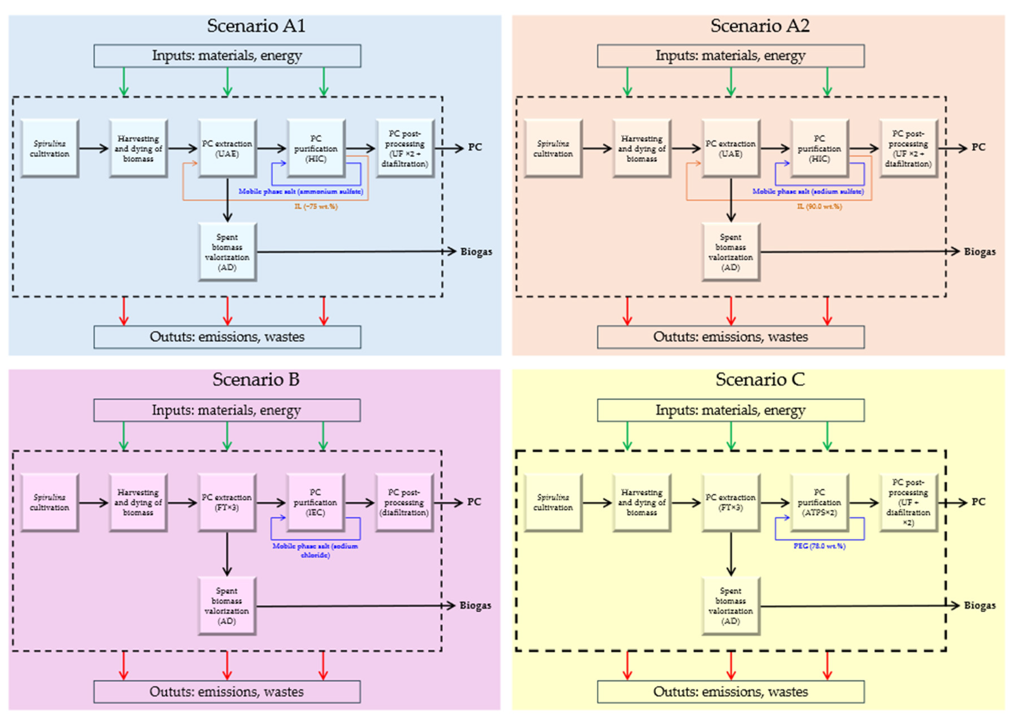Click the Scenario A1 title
click(x=256, y=26)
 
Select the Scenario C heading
click(x=760, y=380)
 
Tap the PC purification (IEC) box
click(x=316, y=502)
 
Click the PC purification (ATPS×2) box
click(x=819, y=502)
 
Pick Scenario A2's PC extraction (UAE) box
click(x=731, y=148)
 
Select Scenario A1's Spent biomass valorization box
click(x=227, y=252)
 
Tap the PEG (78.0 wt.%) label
click(x=819, y=546)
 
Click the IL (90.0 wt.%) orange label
click(x=819, y=206)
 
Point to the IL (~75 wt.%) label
click(x=316, y=206)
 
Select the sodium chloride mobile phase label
click(x=315, y=551)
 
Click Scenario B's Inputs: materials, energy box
click(x=227, y=410)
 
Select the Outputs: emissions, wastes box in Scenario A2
click(x=731, y=337)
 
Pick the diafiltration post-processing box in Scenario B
click(x=404, y=502)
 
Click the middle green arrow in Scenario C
click(x=731, y=435)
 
